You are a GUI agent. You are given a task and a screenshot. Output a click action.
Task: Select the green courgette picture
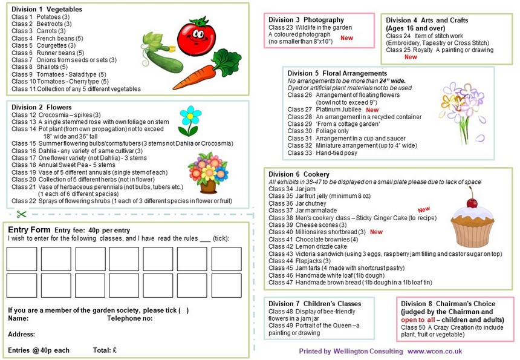coord(158,51)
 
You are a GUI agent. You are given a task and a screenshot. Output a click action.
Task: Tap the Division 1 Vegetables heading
coord(47,10)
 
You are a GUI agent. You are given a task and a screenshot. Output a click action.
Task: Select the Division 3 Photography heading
coord(307,20)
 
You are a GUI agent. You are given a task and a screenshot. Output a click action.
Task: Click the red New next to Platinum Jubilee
coord(372,110)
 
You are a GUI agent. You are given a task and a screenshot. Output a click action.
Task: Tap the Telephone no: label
coord(129,318)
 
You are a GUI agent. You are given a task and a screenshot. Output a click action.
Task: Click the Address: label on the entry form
coord(21,334)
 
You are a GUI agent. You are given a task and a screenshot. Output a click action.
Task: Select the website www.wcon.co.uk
coord(435,351)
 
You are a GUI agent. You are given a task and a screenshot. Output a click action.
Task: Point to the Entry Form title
coord(28,230)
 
